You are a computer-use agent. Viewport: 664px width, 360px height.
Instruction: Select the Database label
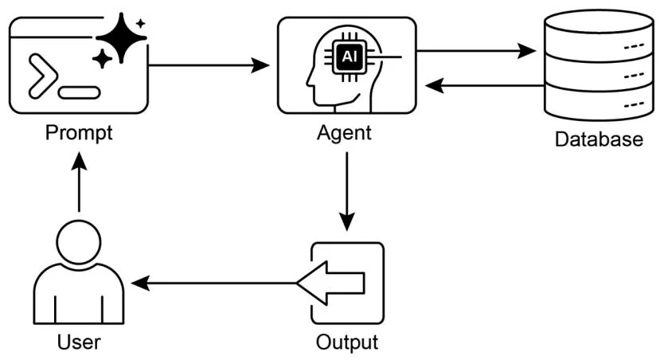pos(598,140)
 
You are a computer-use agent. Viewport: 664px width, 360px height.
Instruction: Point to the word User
pos(80,343)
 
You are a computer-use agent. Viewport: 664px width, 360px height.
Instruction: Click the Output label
pos(346,343)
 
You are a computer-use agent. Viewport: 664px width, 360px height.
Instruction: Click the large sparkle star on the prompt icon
pos(120,36)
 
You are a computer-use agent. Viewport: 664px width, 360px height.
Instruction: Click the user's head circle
pos(80,244)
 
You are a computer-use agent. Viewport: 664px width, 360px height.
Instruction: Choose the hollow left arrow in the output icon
pos(332,283)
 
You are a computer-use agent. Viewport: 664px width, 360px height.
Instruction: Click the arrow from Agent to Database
pos(478,51)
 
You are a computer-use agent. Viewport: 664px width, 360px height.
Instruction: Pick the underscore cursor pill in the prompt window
pos(79,92)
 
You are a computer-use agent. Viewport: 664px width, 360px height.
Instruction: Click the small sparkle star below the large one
pos(102,58)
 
